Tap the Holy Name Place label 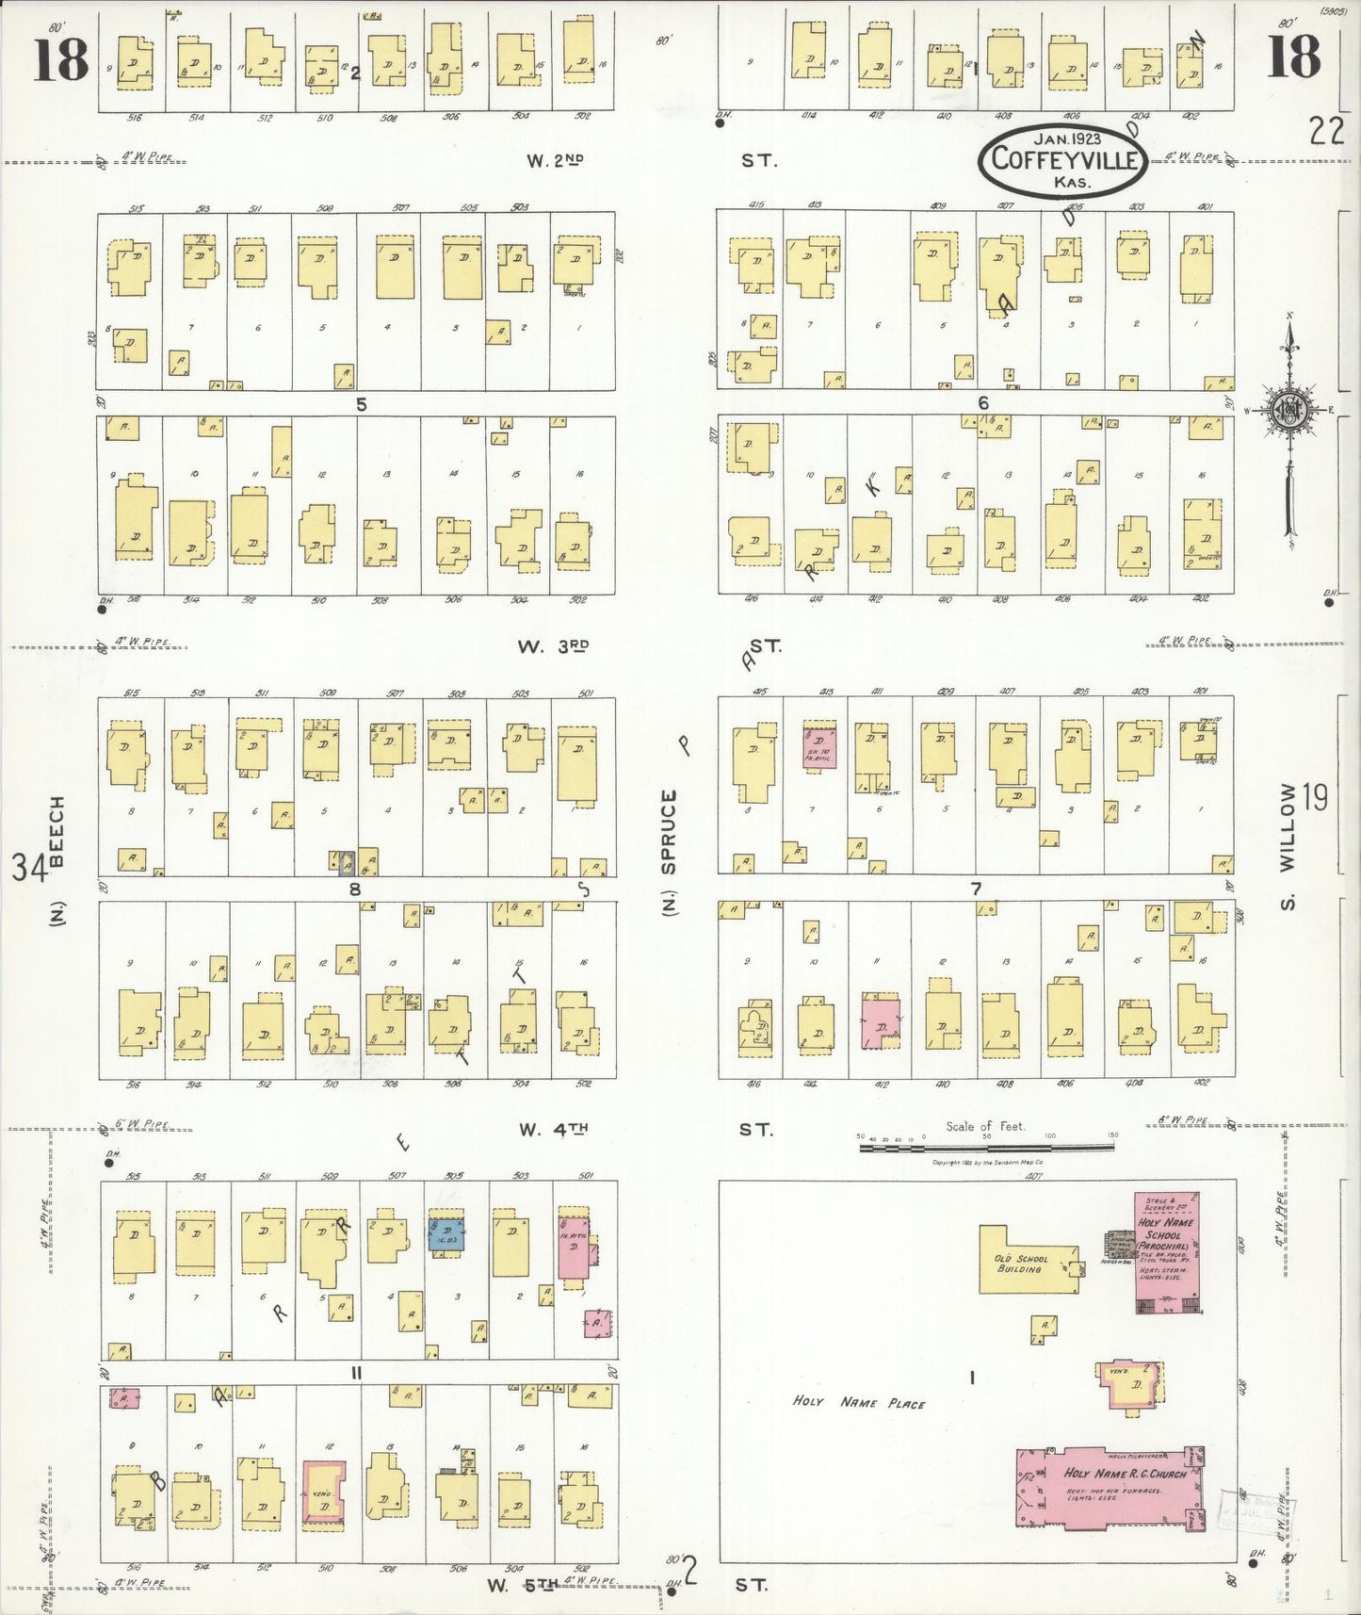click(x=858, y=1403)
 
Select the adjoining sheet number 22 click(x=1325, y=131)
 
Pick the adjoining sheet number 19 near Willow click(x=1316, y=797)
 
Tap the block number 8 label click(x=355, y=889)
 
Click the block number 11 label click(x=356, y=1373)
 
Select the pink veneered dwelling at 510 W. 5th click(x=323, y=1493)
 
